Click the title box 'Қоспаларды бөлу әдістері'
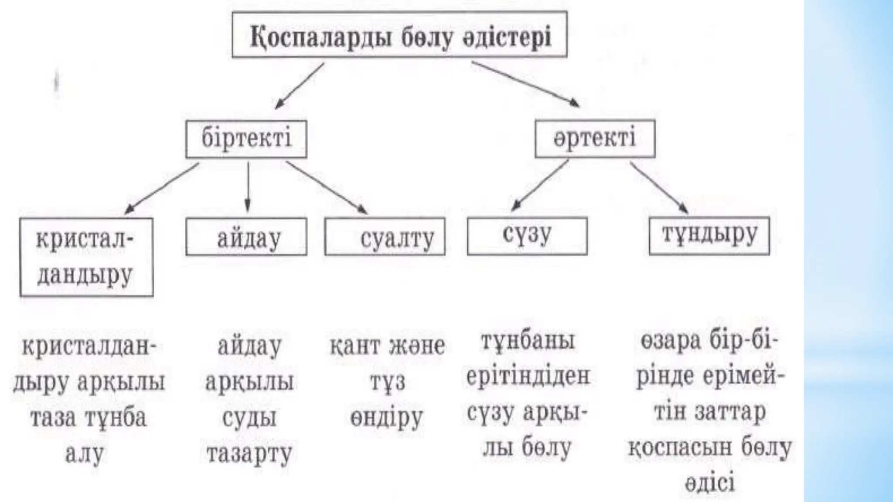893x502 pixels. [x=399, y=35]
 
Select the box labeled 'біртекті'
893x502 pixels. [x=246, y=139]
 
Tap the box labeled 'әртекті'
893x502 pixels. [x=595, y=139]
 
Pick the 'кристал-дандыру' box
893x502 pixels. [x=86, y=257]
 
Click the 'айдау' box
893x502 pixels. [x=246, y=237]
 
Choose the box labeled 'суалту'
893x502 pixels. [x=385, y=237]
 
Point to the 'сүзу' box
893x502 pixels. [x=527, y=236]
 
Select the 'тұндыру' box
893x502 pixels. [x=709, y=236]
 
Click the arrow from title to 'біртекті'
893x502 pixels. [x=300, y=86]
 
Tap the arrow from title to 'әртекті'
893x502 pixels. [x=525, y=84]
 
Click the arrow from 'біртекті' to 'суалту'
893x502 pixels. [x=326, y=187]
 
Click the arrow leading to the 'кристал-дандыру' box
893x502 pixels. [x=162, y=187]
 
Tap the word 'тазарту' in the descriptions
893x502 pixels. [x=249, y=454]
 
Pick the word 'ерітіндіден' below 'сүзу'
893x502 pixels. [x=528, y=376]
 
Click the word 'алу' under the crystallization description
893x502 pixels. [x=85, y=454]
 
